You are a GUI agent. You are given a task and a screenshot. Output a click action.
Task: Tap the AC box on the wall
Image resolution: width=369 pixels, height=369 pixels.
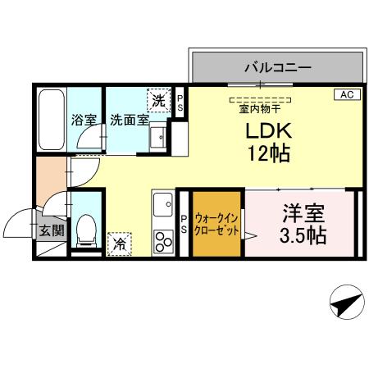[x=346, y=95]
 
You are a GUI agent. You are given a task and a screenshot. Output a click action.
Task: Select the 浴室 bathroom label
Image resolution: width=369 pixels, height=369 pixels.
[x=83, y=120]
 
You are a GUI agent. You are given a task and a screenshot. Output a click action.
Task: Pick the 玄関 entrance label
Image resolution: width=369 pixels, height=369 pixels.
[x=51, y=230]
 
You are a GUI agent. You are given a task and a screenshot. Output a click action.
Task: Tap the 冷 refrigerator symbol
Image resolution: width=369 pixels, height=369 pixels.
[x=120, y=243]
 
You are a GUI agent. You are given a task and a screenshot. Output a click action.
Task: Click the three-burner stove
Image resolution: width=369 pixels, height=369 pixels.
[x=162, y=241]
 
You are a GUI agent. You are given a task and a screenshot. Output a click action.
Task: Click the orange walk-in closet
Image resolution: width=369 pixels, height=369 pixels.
[x=217, y=222]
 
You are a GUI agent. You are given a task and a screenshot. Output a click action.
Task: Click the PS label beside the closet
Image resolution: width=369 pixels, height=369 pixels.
[x=184, y=224]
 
